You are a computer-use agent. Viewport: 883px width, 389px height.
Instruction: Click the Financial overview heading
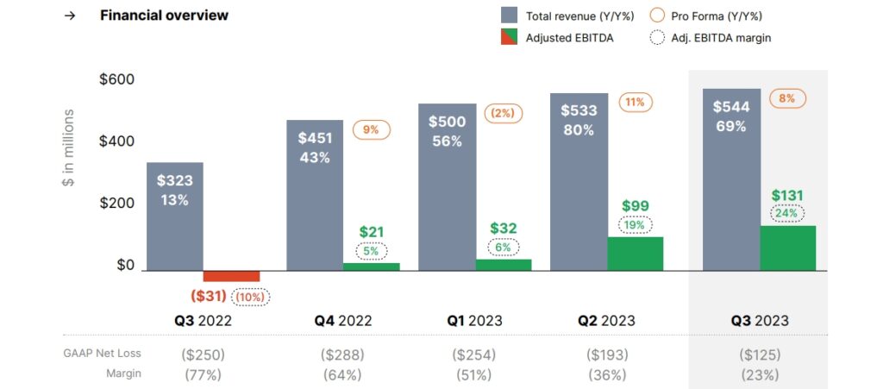164,16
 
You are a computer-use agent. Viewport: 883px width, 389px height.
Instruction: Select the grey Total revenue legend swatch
510,16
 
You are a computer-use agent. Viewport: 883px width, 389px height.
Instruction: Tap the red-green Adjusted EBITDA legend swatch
510,37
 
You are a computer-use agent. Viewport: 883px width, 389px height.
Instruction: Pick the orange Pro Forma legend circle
656,16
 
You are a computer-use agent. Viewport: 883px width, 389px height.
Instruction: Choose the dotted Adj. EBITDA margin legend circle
656,37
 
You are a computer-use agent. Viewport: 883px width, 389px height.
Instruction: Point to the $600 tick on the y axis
116,79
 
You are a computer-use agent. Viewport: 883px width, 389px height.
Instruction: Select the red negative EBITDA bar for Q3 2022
231,276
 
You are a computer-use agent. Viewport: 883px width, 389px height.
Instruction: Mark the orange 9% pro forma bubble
371,130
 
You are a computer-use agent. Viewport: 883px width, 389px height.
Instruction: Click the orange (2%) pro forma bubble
503,114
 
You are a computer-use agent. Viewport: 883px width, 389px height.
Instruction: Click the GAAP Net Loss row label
102,353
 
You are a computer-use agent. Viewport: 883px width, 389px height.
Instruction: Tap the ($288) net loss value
342,354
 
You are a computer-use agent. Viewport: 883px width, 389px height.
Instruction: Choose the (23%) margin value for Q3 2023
759,374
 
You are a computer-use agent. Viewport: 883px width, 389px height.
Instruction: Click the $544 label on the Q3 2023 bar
731,108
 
